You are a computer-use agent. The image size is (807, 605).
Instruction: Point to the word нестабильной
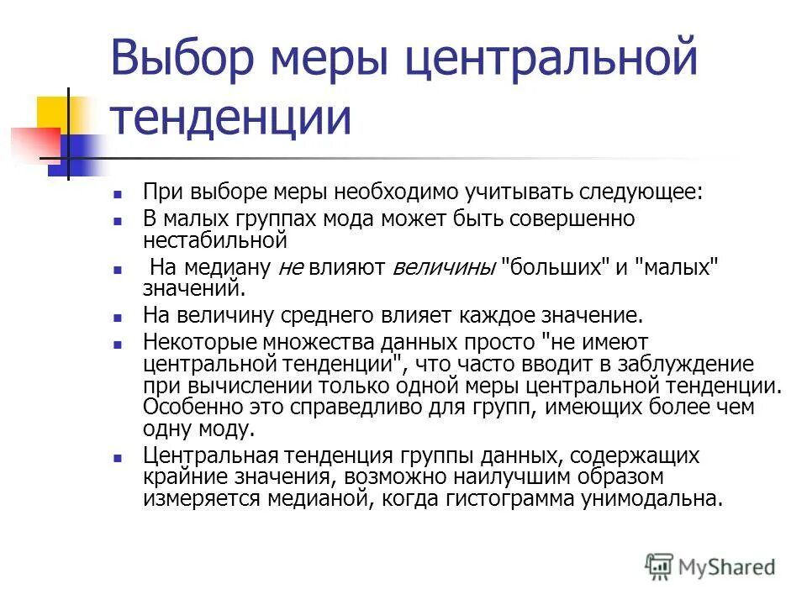(x=216, y=239)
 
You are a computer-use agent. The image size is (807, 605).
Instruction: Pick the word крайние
(x=182, y=476)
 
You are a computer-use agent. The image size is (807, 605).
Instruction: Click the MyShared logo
(x=710, y=567)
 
